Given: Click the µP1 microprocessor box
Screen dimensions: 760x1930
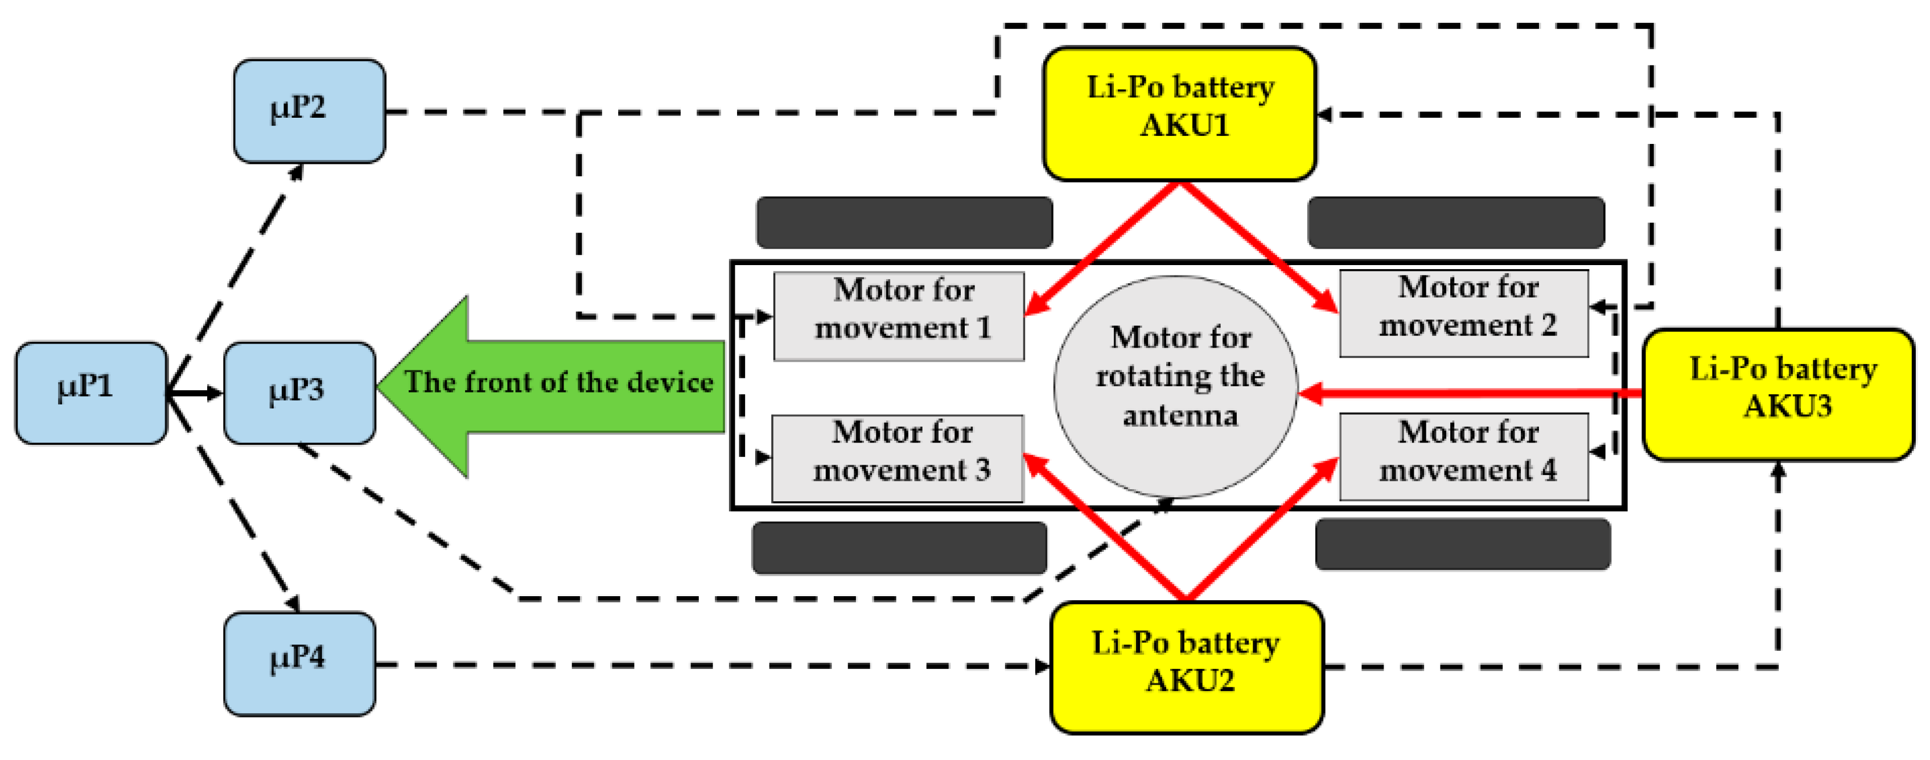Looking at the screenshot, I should coord(90,393).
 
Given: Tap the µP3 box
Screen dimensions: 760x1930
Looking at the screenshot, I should coord(300,393).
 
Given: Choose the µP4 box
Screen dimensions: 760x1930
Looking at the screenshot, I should coord(300,663).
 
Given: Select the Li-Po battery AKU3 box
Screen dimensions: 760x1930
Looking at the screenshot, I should coord(1779,395).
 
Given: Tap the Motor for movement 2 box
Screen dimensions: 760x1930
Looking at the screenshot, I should coord(1463,313).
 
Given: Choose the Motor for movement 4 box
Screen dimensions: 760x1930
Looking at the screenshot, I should coord(1463,457).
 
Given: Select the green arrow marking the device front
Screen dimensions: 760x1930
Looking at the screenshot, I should coord(554,386).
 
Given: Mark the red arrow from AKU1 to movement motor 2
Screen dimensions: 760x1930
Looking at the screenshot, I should coord(1259,247).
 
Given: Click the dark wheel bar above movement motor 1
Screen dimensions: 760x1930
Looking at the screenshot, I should coord(904,222).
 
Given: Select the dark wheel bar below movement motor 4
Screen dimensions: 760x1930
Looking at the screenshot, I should coord(1463,544).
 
